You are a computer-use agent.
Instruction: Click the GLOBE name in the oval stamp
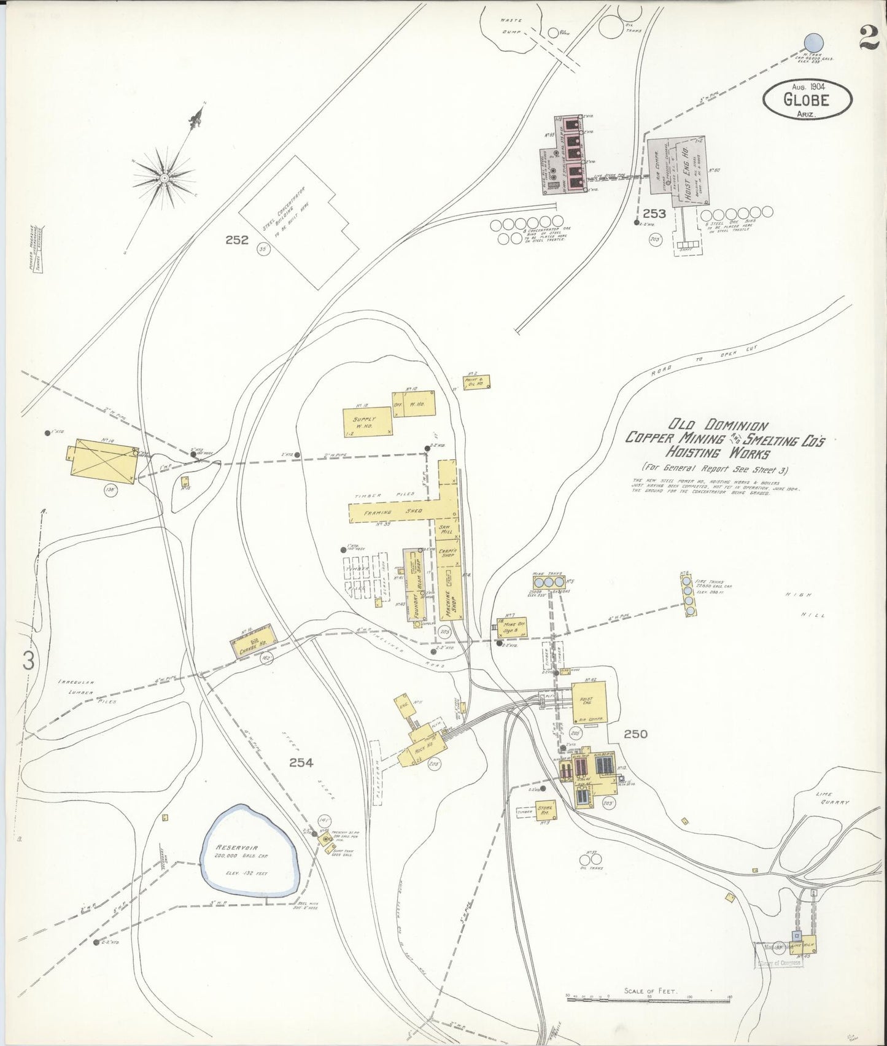coord(806,99)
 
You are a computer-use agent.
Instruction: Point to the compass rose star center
coord(165,178)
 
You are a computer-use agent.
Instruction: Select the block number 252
coord(236,240)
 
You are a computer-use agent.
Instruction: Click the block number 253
coord(654,214)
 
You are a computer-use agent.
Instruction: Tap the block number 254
coord(301,763)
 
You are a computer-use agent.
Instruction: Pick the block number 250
coord(636,734)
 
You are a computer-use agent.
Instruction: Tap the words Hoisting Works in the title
coord(721,454)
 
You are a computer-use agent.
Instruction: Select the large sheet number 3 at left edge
coord(28,661)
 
